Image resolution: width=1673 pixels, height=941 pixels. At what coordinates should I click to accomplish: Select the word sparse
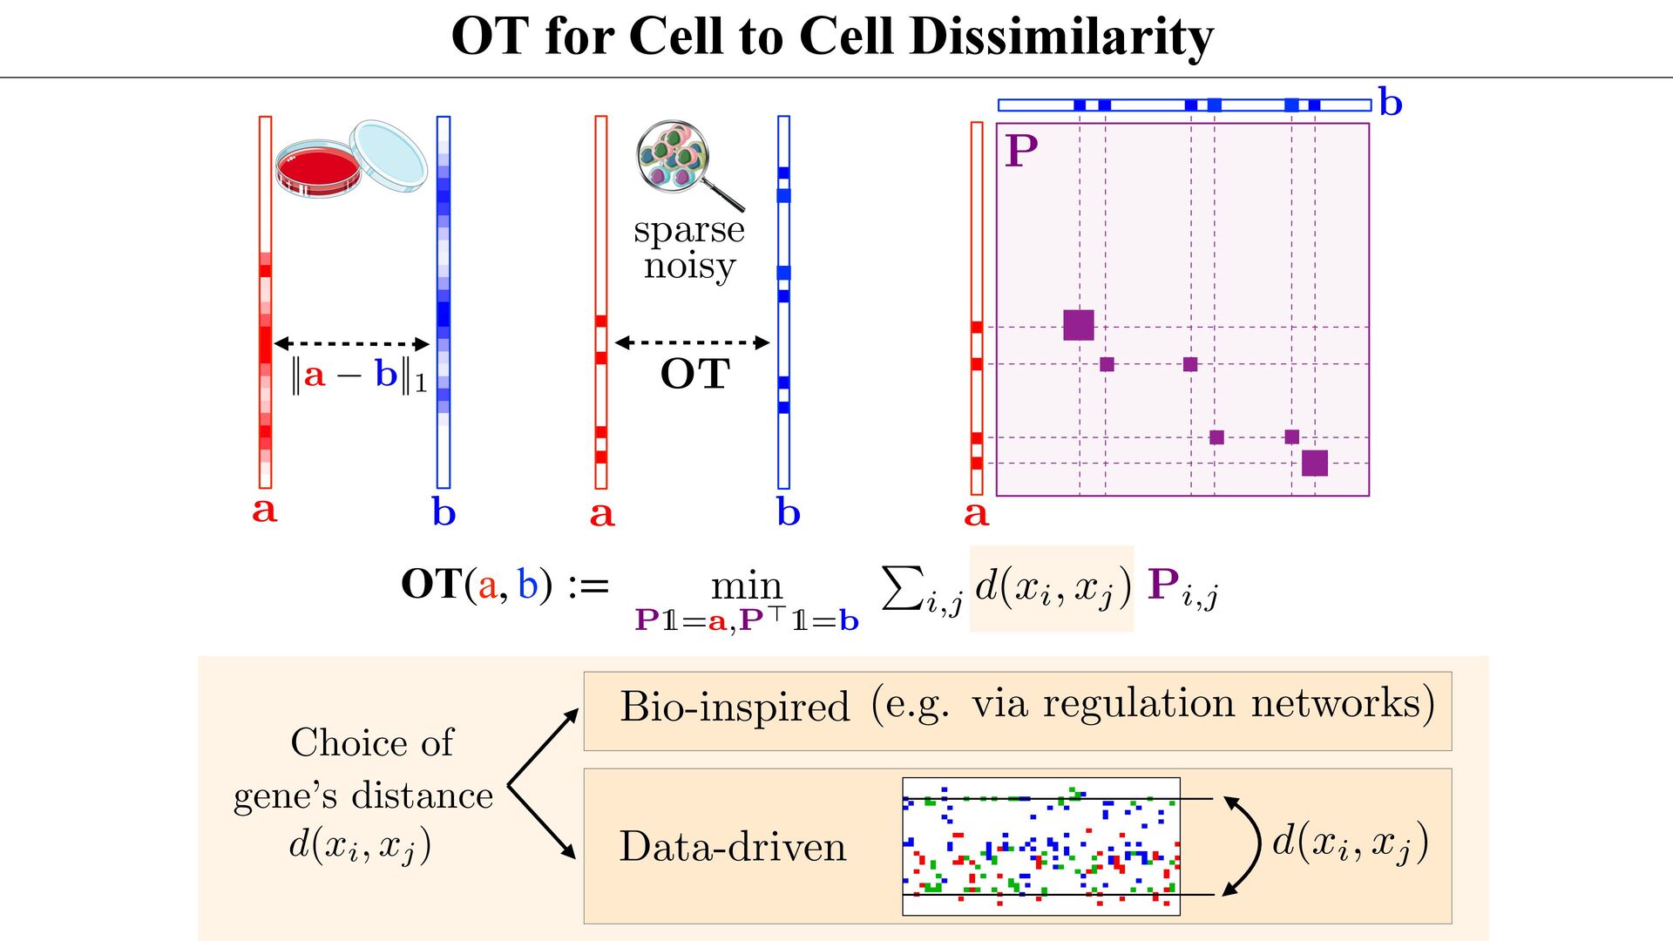click(688, 230)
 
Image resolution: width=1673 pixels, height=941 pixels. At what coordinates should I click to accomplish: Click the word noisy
click(689, 266)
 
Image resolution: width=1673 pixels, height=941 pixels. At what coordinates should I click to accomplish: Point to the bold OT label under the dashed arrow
click(694, 374)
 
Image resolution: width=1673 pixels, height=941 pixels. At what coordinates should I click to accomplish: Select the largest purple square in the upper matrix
click(1079, 325)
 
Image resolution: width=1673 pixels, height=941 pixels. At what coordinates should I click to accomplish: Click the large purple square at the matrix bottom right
click(1314, 463)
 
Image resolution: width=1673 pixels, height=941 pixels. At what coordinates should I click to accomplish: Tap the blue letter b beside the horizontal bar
click(1391, 103)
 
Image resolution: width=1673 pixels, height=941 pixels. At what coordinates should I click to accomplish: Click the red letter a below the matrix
click(976, 513)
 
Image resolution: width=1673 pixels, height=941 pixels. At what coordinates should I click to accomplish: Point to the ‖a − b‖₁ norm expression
click(358, 376)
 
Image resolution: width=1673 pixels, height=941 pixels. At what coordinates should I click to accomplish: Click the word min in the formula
click(747, 586)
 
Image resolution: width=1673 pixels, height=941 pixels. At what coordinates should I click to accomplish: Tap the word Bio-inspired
click(735, 707)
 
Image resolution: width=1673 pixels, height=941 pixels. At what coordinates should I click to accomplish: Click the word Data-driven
click(733, 847)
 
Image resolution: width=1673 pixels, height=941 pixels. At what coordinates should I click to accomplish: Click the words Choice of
click(372, 743)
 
